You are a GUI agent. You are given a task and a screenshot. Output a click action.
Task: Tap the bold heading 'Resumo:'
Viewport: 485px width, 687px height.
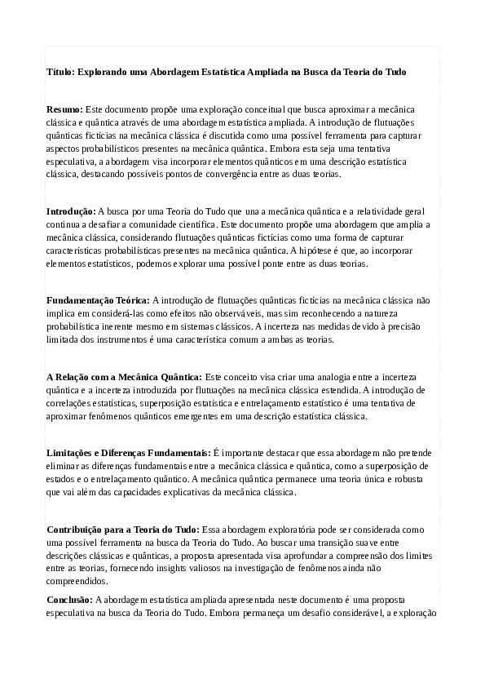tap(64, 109)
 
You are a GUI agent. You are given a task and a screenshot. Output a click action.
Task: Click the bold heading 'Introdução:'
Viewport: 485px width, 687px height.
tap(70, 211)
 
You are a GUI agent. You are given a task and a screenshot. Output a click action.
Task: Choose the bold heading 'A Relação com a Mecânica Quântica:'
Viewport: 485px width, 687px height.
tap(124, 377)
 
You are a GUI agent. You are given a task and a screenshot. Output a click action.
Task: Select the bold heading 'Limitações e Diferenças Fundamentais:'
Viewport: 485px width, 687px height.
tap(128, 452)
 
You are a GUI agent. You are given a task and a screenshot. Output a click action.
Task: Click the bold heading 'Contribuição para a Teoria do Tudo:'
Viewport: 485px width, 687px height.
tap(122, 529)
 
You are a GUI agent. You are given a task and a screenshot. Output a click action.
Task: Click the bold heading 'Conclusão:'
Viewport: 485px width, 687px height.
tap(70, 600)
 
